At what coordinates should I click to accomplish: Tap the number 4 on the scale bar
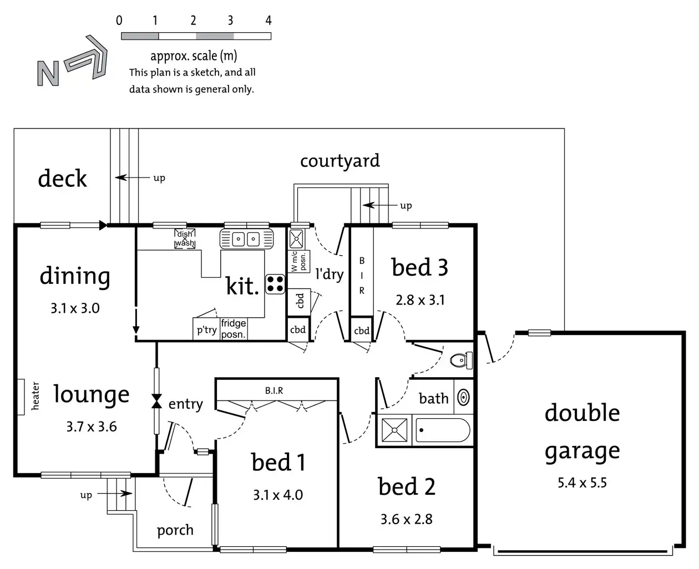[x=269, y=21]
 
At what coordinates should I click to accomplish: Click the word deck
[x=62, y=179]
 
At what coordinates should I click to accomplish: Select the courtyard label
[x=340, y=161]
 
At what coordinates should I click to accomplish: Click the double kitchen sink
[x=247, y=239]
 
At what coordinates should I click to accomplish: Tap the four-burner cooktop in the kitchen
[x=275, y=284]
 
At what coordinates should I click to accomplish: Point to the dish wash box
[x=185, y=238]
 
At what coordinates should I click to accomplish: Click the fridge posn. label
[x=233, y=329]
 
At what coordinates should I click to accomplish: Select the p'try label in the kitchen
[x=206, y=330]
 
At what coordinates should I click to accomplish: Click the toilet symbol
[x=461, y=360]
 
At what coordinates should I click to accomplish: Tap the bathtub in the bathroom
[x=443, y=430]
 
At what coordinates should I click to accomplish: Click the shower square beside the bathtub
[x=394, y=430]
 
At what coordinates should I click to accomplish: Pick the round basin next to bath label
[x=464, y=397]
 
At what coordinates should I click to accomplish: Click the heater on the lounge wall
[x=21, y=397]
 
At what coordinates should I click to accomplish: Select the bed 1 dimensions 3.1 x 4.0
[x=277, y=495]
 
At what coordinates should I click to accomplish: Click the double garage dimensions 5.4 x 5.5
[x=582, y=483]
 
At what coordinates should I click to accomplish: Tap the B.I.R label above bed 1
[x=274, y=391]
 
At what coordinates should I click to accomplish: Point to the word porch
[x=175, y=530]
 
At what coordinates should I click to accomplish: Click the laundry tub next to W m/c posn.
[x=296, y=238]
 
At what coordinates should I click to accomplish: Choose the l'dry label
[x=329, y=273]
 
